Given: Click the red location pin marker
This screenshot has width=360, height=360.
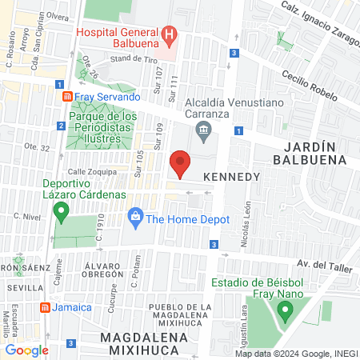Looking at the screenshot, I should [x=181, y=163].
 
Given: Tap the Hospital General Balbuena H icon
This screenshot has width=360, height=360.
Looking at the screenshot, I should [x=170, y=34].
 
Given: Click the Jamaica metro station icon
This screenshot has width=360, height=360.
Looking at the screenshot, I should [x=46, y=307].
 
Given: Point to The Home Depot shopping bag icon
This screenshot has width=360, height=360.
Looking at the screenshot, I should [x=135, y=218].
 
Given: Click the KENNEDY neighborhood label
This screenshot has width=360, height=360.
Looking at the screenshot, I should [x=233, y=175].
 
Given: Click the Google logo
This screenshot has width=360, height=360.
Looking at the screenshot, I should [x=27, y=350].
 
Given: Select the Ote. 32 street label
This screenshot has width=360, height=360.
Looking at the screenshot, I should [x=37, y=147].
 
